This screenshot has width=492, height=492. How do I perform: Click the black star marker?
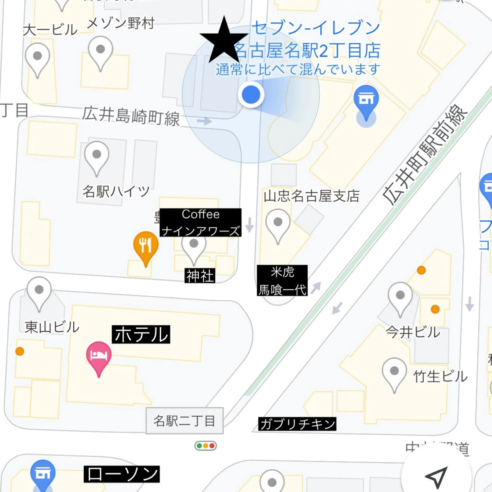coord(224,41)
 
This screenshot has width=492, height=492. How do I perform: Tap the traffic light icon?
coord(206,453)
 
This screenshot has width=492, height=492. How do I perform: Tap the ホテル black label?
coord(141,334)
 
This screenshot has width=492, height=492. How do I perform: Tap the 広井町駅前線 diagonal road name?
coord(425,155)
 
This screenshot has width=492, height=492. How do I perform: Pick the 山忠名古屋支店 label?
coord(311,196)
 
